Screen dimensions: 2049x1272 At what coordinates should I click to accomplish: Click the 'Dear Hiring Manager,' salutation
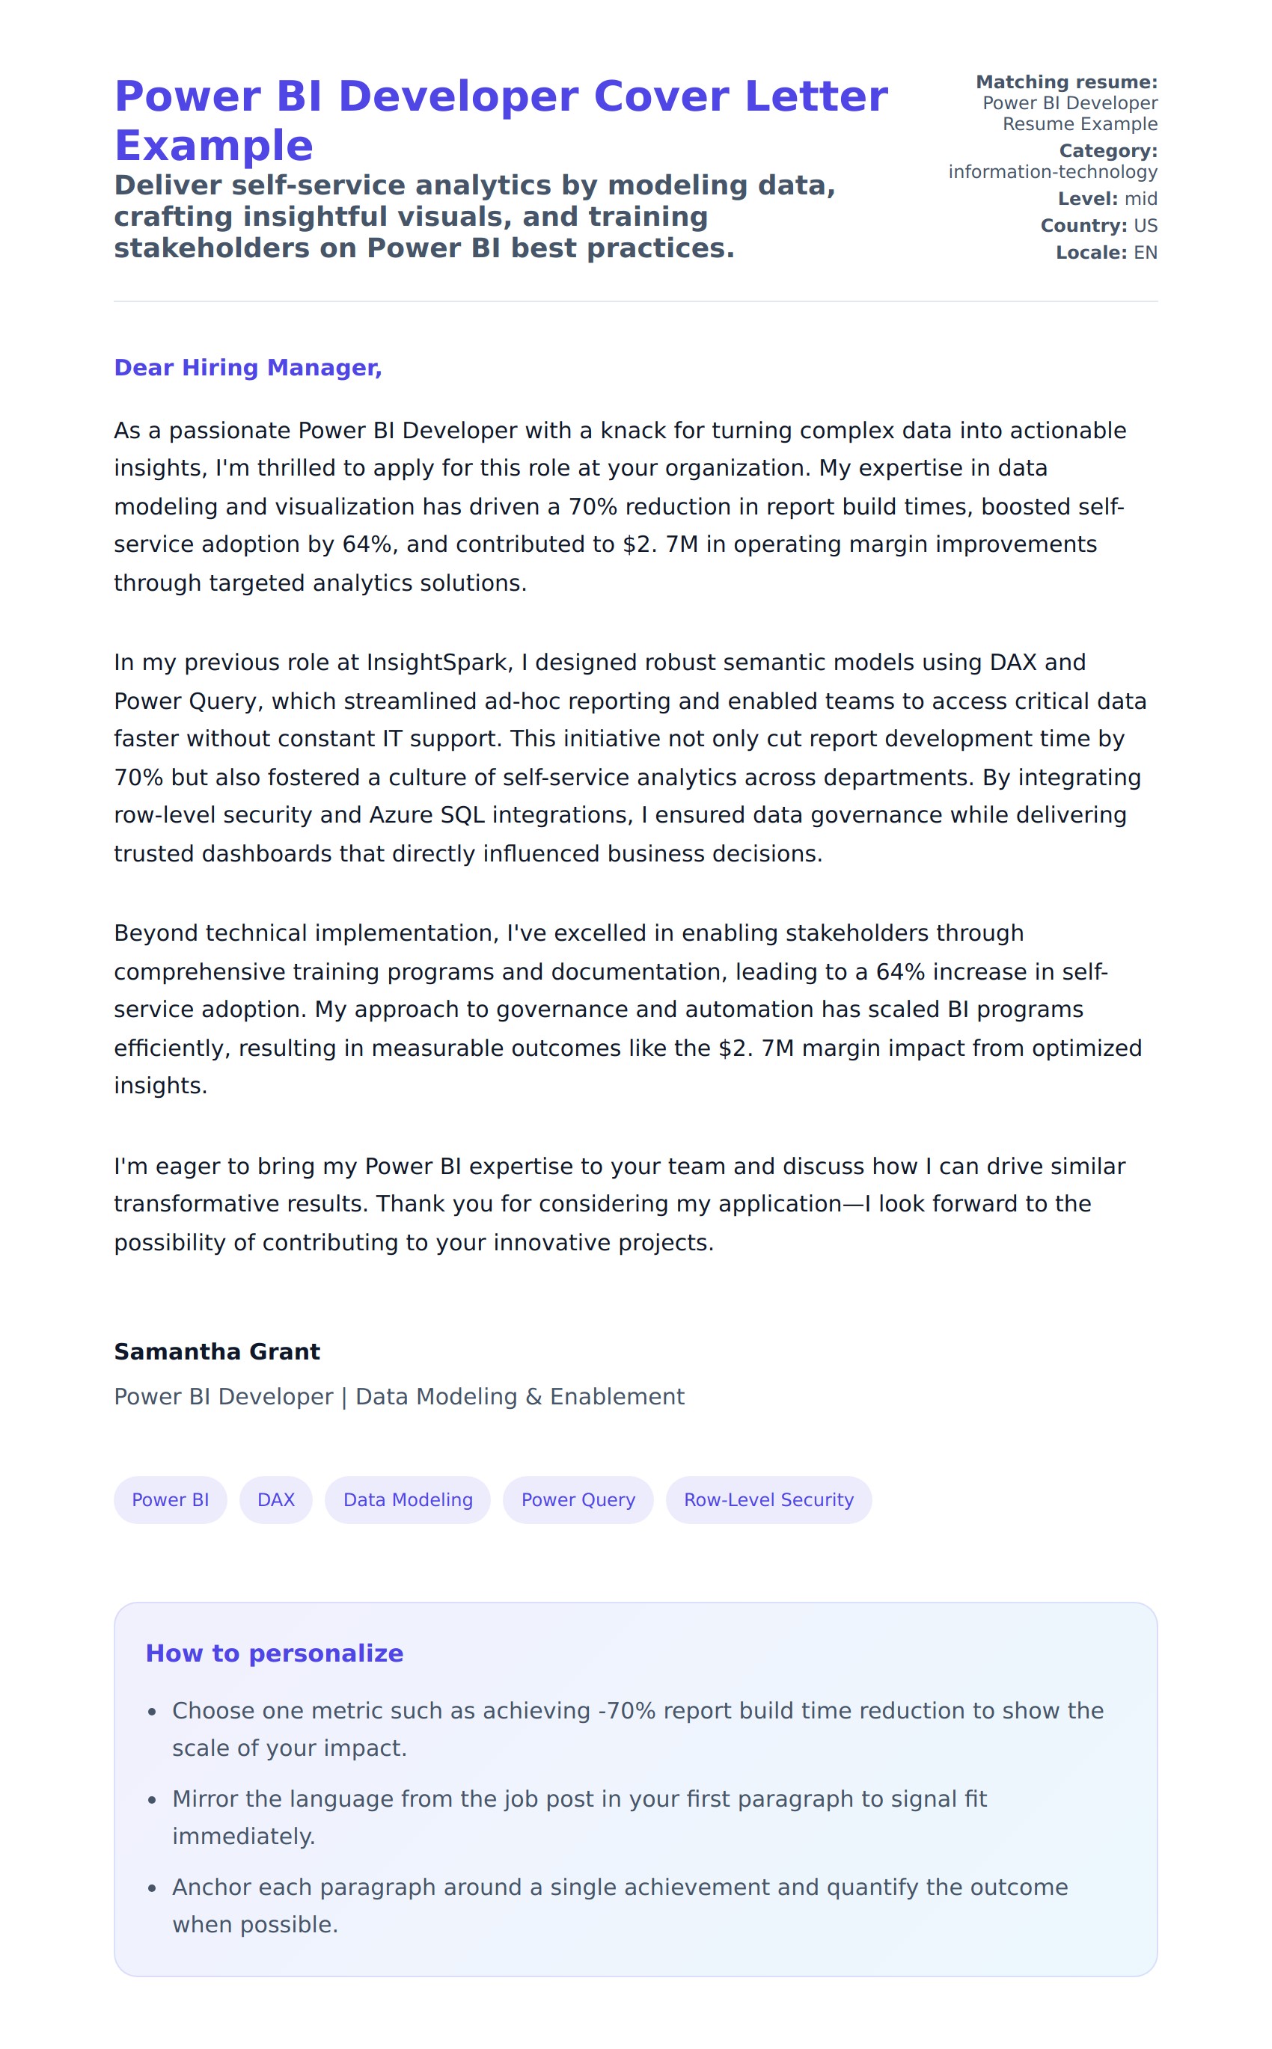(x=248, y=367)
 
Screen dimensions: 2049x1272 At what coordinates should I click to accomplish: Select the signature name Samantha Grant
(x=217, y=1351)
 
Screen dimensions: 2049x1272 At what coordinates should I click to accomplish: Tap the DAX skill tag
(x=276, y=1499)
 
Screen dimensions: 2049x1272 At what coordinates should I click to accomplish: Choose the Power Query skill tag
(x=578, y=1499)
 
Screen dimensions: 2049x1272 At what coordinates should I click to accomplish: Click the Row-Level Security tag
(x=768, y=1499)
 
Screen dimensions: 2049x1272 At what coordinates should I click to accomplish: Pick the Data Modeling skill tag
(x=408, y=1499)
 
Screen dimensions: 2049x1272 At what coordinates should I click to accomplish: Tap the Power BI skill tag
(x=170, y=1499)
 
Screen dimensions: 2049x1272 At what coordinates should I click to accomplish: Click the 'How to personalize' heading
(x=275, y=1653)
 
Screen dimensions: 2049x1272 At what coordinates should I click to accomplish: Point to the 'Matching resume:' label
(x=1066, y=82)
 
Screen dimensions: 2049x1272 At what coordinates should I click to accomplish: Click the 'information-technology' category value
(x=1053, y=171)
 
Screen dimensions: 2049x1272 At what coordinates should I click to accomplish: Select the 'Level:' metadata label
(x=1087, y=198)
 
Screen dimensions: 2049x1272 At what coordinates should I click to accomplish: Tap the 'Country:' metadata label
(x=1083, y=225)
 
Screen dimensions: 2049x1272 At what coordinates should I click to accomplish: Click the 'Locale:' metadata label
(x=1090, y=252)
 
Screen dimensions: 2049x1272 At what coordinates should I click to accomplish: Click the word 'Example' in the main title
(x=214, y=147)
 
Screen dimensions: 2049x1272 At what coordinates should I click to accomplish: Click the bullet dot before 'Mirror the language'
(x=153, y=1800)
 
